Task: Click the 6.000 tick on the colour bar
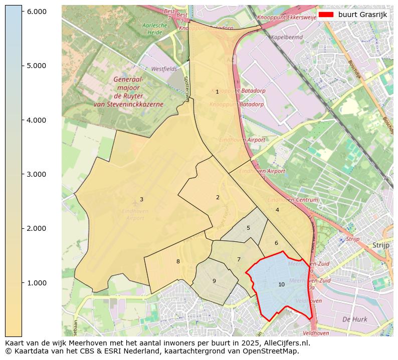coord(36,12)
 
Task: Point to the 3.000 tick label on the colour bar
coord(36,174)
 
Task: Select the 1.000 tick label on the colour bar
coord(36,283)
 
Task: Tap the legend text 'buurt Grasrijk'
coord(362,15)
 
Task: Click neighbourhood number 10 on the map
coord(281,284)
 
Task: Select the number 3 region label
coord(141,199)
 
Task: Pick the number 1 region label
coord(217,92)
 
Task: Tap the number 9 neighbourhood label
coord(214,281)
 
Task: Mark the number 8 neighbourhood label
coord(178,261)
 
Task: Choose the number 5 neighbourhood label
coord(248,228)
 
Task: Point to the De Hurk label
coord(354,319)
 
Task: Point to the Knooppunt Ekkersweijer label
coord(287,18)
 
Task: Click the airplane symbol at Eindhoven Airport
coord(135,203)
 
